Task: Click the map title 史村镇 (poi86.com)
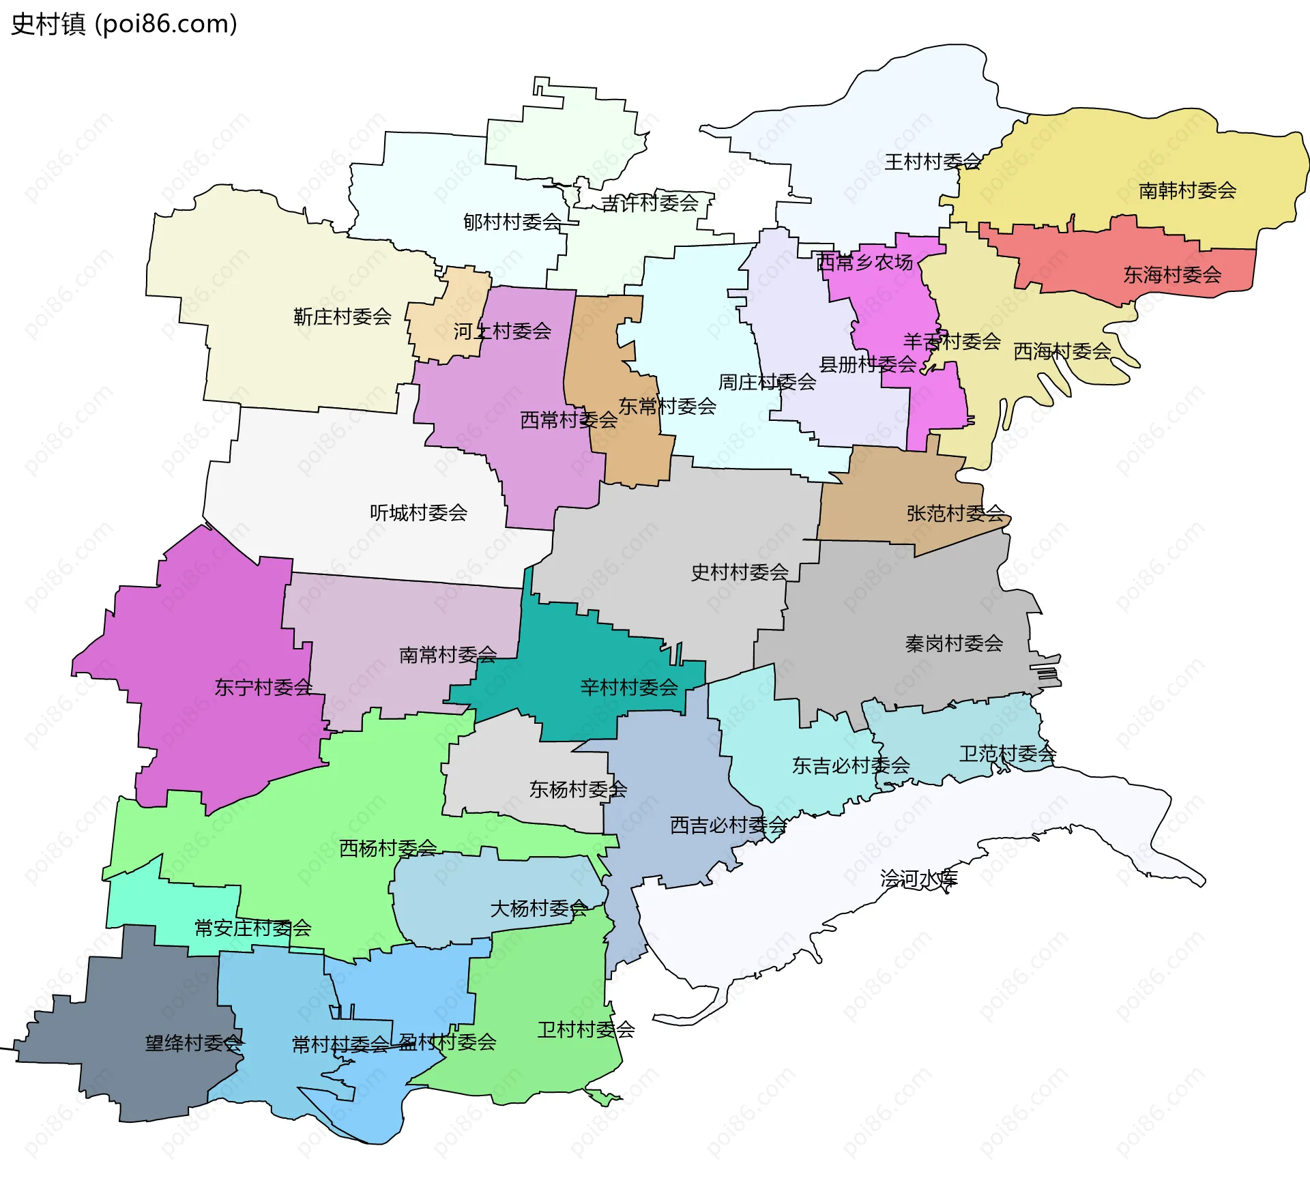pyautogui.click(x=124, y=24)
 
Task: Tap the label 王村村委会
pyautogui.click(x=932, y=162)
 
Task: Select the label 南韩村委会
pyautogui.click(x=1187, y=190)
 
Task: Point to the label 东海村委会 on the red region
pyautogui.click(x=1172, y=275)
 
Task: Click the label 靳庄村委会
pyautogui.click(x=343, y=317)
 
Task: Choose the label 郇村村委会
pyautogui.click(x=512, y=222)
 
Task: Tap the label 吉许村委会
pyautogui.click(x=650, y=203)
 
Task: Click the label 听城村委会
pyautogui.click(x=418, y=512)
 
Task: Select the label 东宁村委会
pyautogui.click(x=263, y=687)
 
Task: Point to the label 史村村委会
pyautogui.click(x=740, y=572)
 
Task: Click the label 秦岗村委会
pyautogui.click(x=954, y=643)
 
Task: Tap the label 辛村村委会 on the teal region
pyautogui.click(x=629, y=687)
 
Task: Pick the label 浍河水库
pyautogui.click(x=918, y=878)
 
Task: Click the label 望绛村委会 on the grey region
pyautogui.click(x=194, y=1043)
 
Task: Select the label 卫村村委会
pyautogui.click(x=586, y=1029)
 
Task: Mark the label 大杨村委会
pyautogui.click(x=539, y=909)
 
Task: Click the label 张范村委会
pyautogui.click(x=955, y=513)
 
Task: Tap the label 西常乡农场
pyautogui.click(x=864, y=262)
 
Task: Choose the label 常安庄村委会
pyautogui.click(x=252, y=928)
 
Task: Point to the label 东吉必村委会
pyautogui.click(x=851, y=765)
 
